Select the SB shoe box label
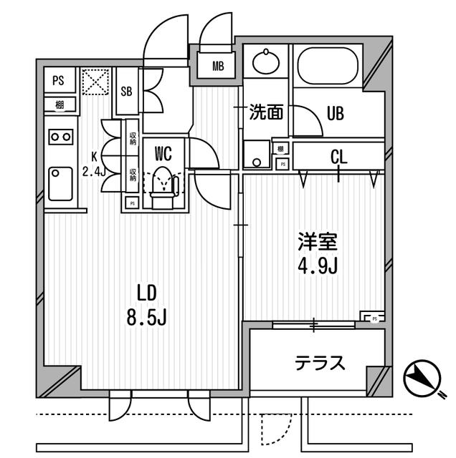pyautogui.click(x=126, y=91)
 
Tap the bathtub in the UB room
pyautogui.click(x=328, y=67)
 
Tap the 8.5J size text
pyautogui.click(x=146, y=317)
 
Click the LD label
pyautogui.click(x=146, y=292)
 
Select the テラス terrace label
pyautogui.click(x=320, y=363)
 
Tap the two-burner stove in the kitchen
pyautogui.click(x=59, y=136)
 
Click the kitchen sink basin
pyautogui.click(x=60, y=184)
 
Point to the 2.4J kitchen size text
pyautogui.click(x=93, y=170)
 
